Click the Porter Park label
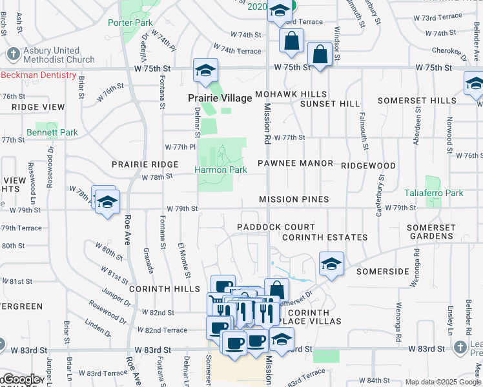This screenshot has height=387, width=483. click(130, 23)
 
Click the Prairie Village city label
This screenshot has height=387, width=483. click(220, 98)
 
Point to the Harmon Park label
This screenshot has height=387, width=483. click(221, 170)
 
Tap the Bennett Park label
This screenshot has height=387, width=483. click(52, 132)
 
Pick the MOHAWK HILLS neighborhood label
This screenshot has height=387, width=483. click(291, 94)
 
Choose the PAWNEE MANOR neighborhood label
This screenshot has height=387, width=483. click(296, 163)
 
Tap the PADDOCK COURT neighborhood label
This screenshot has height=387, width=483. click(276, 227)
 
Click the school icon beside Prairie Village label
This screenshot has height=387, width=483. click(206, 70)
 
